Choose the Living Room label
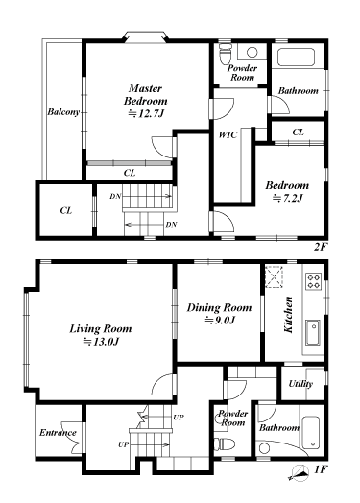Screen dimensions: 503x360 pyautogui.click(x=101, y=328)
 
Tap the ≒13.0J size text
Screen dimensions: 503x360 pyautogui.click(x=101, y=342)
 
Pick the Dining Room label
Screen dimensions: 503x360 pyautogui.click(x=219, y=307)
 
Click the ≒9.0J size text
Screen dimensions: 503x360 pyautogui.click(x=219, y=321)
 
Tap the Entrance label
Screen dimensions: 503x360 pyautogui.click(x=58, y=433)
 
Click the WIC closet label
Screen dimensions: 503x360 pyautogui.click(x=228, y=135)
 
